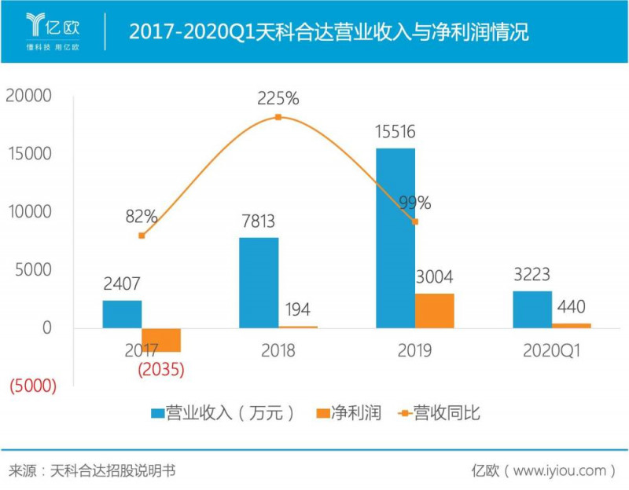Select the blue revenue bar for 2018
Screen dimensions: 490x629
tap(259, 282)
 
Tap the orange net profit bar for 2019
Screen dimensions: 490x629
tap(435, 310)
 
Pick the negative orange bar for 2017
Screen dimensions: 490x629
tap(161, 339)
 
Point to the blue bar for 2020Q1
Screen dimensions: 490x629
tap(532, 309)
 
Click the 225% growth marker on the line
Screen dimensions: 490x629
tap(278, 117)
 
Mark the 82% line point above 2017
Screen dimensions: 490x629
tap(142, 236)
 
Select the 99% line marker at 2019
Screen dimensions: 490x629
tap(415, 222)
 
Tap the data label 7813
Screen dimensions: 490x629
tap(259, 221)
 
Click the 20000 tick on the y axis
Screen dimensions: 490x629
tap(28, 96)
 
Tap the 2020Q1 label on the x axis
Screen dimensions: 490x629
tap(551, 351)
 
